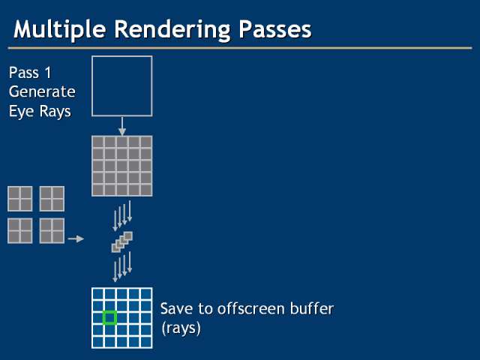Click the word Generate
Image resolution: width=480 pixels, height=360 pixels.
[x=42, y=92]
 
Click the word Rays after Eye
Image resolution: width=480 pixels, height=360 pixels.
[x=57, y=111]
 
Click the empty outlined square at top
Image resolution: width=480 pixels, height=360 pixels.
[x=121, y=85]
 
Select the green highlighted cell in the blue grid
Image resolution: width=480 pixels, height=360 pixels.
[x=109, y=318]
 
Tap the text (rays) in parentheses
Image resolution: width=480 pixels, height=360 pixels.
[x=180, y=328]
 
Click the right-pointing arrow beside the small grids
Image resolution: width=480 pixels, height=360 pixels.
[x=76, y=239]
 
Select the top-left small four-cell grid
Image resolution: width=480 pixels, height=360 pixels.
[x=20, y=199]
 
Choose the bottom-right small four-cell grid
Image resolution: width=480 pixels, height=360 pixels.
[x=52, y=231]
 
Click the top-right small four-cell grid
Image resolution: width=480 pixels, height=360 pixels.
[x=52, y=199]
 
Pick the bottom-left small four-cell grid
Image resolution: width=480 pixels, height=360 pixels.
[x=20, y=231]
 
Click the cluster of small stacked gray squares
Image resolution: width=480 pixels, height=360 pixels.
[x=121, y=241]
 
